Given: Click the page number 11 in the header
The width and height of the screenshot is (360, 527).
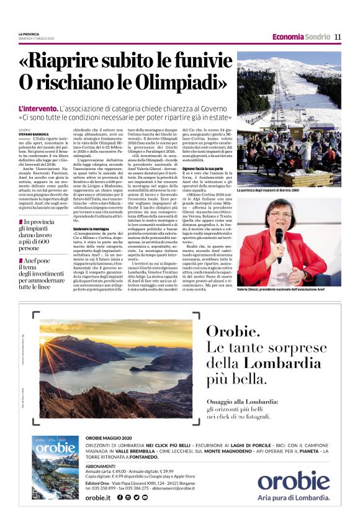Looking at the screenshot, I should pyautogui.click(x=338, y=37).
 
